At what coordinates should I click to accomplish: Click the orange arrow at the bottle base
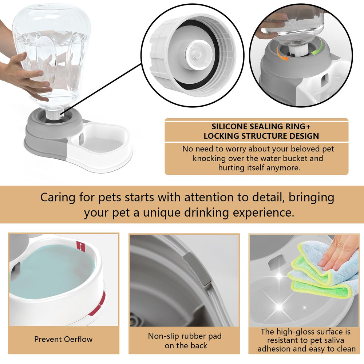click(282, 53)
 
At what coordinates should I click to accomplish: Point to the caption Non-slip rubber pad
click(185, 336)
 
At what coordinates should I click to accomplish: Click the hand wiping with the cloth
click(339, 251)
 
